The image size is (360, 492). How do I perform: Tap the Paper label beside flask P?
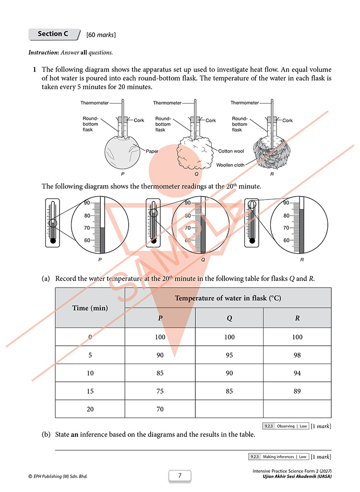(152, 151)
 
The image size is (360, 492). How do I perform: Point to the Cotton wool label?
(231, 151)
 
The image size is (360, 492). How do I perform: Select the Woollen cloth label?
(230, 165)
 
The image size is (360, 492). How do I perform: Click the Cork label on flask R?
(287, 120)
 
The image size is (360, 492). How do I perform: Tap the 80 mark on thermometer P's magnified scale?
(87, 216)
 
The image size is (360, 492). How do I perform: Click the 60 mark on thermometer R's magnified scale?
(286, 240)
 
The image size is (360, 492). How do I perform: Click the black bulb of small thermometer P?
(53, 241)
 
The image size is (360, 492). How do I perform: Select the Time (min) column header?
(90, 308)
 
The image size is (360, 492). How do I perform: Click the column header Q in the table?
(229, 318)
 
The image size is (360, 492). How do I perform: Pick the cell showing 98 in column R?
(297, 355)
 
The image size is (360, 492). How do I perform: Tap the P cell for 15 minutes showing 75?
(160, 391)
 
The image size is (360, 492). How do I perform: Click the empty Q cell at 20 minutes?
(229, 409)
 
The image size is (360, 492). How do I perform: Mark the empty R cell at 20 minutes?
(297, 409)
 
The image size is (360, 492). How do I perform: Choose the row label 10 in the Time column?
(90, 373)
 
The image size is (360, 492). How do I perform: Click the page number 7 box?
(180, 475)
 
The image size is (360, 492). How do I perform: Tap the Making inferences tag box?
(278, 457)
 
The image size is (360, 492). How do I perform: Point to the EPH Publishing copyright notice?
(58, 476)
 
